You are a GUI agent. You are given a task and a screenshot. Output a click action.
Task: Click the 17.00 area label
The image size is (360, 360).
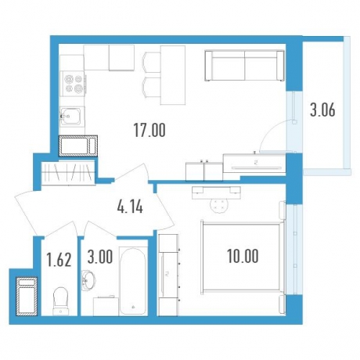pos(149,130)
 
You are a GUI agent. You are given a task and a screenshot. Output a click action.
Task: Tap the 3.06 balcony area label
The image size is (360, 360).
pos(322,110)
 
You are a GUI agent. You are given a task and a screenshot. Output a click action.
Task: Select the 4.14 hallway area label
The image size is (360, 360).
pos(130,207)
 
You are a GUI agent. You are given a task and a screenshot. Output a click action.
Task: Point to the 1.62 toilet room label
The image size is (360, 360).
pos(59,260)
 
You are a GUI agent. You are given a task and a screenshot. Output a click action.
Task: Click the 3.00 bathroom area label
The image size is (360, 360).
pos(100,257)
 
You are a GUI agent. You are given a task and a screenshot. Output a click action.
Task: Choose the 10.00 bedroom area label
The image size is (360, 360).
pos(243,256)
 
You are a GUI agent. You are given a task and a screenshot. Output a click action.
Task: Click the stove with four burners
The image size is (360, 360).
pos(72,84)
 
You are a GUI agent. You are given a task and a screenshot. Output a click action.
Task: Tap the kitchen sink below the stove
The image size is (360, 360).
pos(72,117)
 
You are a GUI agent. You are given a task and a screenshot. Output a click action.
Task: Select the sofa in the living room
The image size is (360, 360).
pos(244,66)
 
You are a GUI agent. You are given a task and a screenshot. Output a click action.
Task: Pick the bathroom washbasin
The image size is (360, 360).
pos(88,280)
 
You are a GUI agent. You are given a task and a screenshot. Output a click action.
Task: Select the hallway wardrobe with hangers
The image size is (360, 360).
pos(68,172)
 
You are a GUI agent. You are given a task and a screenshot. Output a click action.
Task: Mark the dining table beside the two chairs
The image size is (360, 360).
pos(172,75)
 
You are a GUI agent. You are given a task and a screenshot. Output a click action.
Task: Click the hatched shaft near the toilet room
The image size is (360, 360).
pos(27,296)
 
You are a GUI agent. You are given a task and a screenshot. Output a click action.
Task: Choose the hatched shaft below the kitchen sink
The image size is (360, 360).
pos(78,146)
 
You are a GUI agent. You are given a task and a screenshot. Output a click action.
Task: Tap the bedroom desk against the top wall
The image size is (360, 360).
pos(216,193)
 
